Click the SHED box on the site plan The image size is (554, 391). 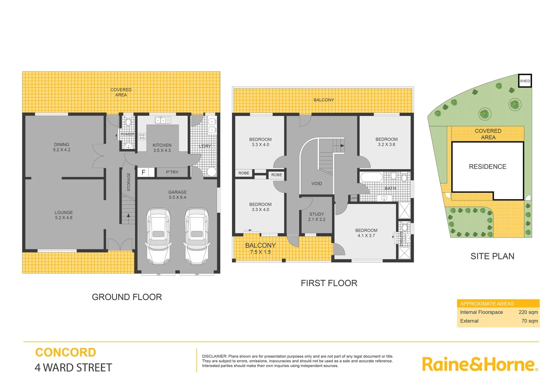[x=525, y=81]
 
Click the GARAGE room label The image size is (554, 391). [x=177, y=192]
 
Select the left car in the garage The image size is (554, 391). [x=158, y=236]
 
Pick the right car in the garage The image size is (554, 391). [x=197, y=236]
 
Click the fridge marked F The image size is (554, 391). [x=144, y=172]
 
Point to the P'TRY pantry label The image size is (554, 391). [x=172, y=172]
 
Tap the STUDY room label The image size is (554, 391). [x=317, y=214]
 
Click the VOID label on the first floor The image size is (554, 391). [x=317, y=184]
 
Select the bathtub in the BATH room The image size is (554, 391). [x=371, y=177]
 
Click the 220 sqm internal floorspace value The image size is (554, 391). [x=528, y=312]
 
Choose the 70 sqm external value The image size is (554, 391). [x=529, y=321]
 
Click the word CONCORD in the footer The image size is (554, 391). [x=66, y=352]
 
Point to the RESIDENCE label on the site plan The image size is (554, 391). [x=487, y=167]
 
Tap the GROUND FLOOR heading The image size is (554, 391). [x=127, y=297]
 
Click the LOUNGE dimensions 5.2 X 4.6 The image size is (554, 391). [x=64, y=218]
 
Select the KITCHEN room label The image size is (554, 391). [x=162, y=145]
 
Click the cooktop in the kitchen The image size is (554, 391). [x=142, y=136]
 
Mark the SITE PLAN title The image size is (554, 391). [x=492, y=256]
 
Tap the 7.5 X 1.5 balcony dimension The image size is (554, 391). [x=260, y=252]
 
